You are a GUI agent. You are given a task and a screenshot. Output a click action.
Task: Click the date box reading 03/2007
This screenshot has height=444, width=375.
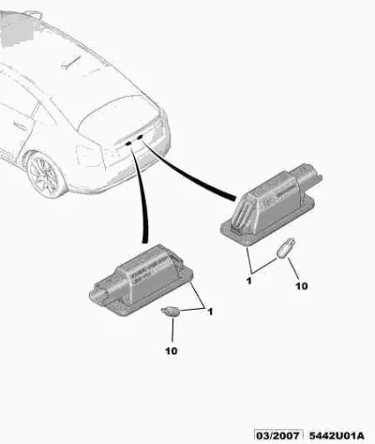[277, 436]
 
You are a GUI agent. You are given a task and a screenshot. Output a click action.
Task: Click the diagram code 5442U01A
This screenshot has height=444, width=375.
[337, 436]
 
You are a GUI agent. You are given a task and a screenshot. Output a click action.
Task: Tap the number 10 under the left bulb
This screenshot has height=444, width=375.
[172, 351]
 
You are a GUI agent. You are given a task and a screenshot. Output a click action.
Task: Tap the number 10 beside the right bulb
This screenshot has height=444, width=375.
[302, 286]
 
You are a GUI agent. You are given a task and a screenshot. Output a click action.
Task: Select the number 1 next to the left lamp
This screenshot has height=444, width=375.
[210, 312]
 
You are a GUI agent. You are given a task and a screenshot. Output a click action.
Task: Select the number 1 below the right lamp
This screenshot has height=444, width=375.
[248, 281]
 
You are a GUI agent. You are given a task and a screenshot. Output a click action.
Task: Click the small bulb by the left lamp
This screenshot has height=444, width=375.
[171, 312]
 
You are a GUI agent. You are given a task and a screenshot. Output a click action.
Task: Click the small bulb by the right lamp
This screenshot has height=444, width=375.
[286, 249]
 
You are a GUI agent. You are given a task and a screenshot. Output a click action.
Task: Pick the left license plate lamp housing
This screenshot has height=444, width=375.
[142, 281]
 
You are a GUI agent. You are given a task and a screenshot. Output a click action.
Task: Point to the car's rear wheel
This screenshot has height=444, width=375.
[46, 175]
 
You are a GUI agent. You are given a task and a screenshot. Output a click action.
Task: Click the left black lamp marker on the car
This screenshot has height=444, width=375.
[127, 143]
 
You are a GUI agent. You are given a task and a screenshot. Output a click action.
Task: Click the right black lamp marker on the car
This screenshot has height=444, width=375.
[140, 137]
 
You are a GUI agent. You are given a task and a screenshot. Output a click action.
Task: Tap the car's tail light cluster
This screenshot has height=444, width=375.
[90, 156]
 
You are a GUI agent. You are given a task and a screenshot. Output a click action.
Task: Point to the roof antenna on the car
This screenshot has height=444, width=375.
[70, 62]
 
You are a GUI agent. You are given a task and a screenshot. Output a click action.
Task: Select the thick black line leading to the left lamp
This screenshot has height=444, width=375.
[140, 194]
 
